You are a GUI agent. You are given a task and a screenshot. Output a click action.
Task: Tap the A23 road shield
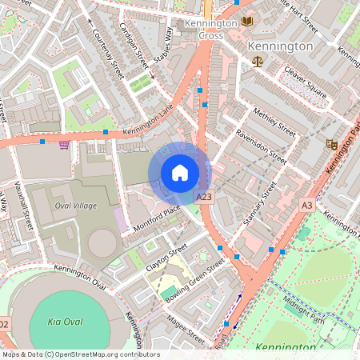coord(206,196)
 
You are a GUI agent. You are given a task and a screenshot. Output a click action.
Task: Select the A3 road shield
coord(307,206)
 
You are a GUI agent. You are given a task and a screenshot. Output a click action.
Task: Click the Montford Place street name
coord(157,218)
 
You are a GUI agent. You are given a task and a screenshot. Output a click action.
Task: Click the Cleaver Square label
coord(306,85)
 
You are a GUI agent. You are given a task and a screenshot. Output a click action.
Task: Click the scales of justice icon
coord(257,61)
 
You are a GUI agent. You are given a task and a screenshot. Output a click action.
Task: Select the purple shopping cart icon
coord(63,145)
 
